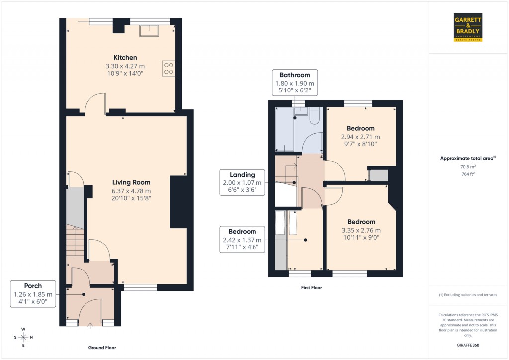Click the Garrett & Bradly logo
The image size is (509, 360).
click(x=468, y=28)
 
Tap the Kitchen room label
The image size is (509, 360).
click(x=125, y=58)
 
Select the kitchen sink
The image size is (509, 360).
click(x=149, y=31)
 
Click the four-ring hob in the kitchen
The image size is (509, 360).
click(x=168, y=68)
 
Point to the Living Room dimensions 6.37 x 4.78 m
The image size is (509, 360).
click(x=131, y=191)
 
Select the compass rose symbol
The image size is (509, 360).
click(x=23, y=337)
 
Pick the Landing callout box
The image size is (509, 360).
click(x=242, y=182)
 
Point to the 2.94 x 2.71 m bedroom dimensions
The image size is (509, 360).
click(x=360, y=137)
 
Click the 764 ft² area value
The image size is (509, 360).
click(x=468, y=175)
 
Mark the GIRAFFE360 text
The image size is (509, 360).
click(x=468, y=345)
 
